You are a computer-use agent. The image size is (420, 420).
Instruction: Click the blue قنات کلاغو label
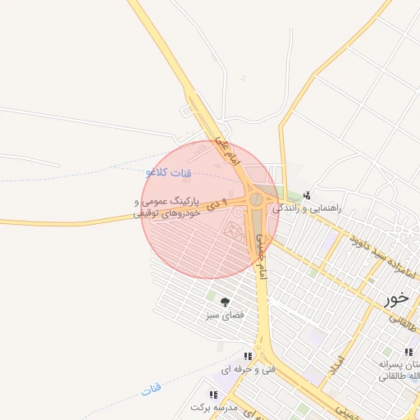(x=168, y=172)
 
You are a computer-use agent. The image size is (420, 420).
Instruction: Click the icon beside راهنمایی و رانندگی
(x=307, y=195)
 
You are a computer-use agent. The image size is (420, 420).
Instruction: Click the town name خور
(x=399, y=299)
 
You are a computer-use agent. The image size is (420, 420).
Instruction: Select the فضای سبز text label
(x=226, y=315)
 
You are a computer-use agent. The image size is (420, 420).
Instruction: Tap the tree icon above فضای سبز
(x=225, y=302)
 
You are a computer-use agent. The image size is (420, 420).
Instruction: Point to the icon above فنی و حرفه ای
(x=247, y=356)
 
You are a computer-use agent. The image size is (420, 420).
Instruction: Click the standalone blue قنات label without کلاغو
(x=152, y=390)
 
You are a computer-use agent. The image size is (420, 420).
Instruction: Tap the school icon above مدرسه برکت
(x=213, y=395)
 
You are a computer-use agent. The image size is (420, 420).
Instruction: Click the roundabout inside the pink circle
(x=257, y=199)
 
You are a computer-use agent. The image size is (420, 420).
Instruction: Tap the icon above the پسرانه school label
(x=409, y=352)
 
